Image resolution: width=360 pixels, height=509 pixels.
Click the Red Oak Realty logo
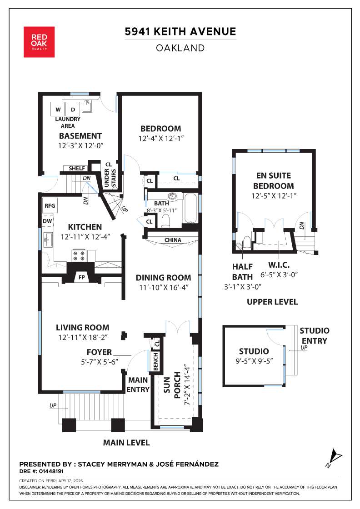click(x=39, y=42)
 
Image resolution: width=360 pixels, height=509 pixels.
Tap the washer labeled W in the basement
click(x=58, y=110)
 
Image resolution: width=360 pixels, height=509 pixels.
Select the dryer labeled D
click(x=73, y=110)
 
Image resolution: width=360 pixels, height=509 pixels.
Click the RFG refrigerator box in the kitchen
click(x=50, y=205)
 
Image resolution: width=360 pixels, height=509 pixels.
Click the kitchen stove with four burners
click(x=79, y=255)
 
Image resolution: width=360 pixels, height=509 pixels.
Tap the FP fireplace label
click(x=82, y=277)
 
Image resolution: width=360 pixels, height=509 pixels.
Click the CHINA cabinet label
click(x=173, y=240)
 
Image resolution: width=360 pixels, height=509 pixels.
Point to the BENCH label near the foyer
click(x=155, y=362)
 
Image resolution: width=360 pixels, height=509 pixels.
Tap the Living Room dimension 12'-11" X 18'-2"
click(x=82, y=337)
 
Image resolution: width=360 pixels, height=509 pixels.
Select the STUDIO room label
click(x=254, y=351)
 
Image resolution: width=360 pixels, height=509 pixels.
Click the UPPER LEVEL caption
click(x=272, y=302)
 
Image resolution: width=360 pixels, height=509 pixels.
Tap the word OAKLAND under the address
click(x=180, y=48)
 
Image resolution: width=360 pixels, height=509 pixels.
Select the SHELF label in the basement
click(x=77, y=169)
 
